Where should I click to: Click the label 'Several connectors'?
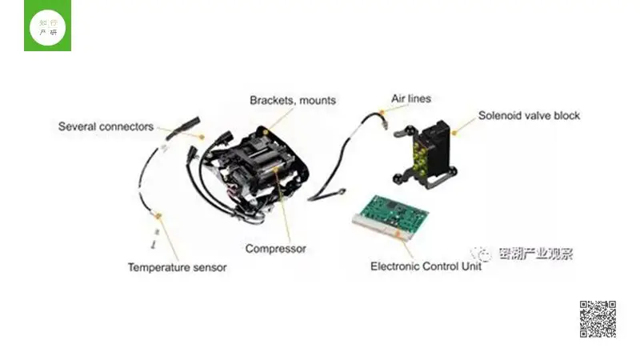[x=106, y=126]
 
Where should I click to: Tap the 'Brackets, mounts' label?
[x=292, y=101]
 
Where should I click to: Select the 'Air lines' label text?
[x=410, y=99]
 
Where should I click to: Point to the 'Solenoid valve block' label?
[x=529, y=115]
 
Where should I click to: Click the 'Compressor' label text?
[x=275, y=249]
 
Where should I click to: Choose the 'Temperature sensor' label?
[x=177, y=267]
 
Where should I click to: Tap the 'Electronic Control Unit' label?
[x=426, y=266]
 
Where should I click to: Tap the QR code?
[x=597, y=319]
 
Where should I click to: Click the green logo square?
[x=48, y=26]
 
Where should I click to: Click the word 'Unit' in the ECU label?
[x=470, y=266]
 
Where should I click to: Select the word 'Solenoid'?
[x=500, y=115]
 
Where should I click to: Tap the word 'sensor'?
[x=208, y=267]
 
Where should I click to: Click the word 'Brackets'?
[x=270, y=101]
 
